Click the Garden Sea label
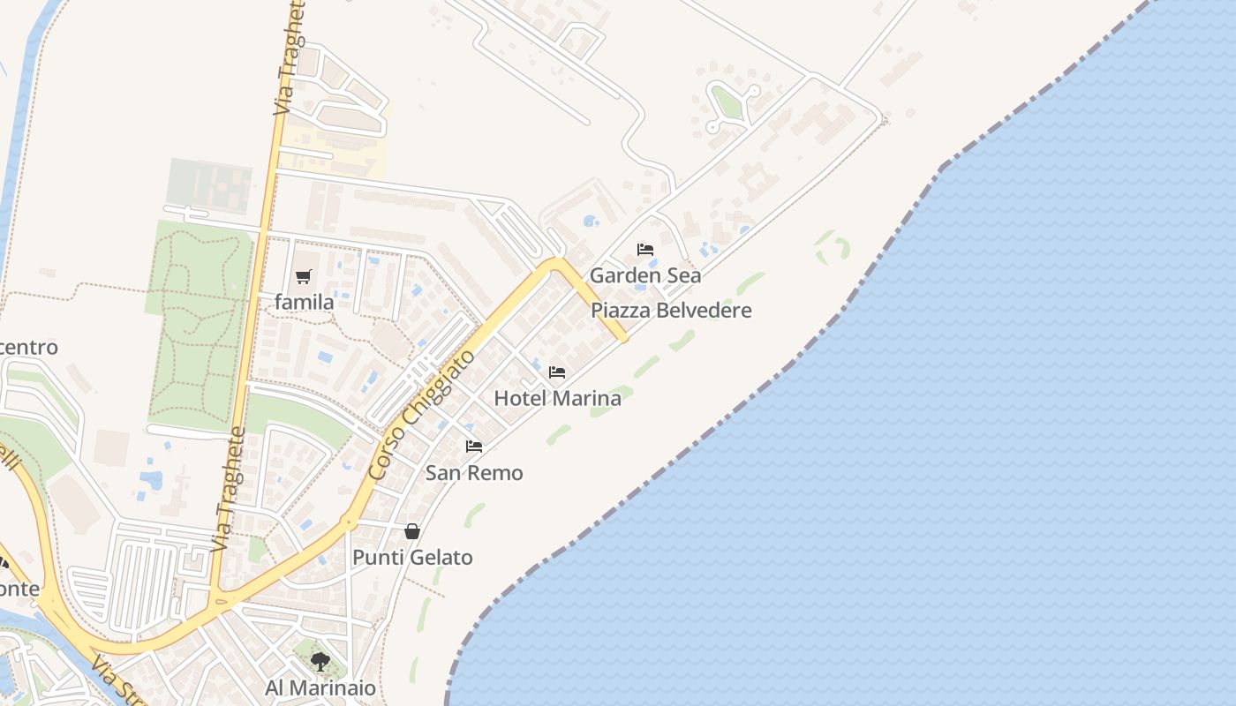pyautogui.click(x=645, y=275)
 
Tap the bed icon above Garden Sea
pyautogui.click(x=645, y=250)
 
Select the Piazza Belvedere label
pyautogui.click(x=671, y=311)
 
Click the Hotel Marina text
pyautogui.click(x=557, y=398)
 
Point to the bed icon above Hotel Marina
pyautogui.click(x=557, y=372)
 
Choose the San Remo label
pyautogui.click(x=474, y=473)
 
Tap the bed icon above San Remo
pyautogui.click(x=474, y=447)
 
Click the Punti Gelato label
pyautogui.click(x=412, y=558)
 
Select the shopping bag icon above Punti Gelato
pyautogui.click(x=412, y=531)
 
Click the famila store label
pyautogui.click(x=305, y=303)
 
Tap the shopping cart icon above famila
pyautogui.click(x=304, y=277)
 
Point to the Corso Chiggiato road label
pyautogui.click(x=422, y=416)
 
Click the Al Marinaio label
pyautogui.click(x=320, y=688)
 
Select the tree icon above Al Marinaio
pyautogui.click(x=320, y=662)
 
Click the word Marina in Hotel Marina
pyautogui.click(x=588, y=398)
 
